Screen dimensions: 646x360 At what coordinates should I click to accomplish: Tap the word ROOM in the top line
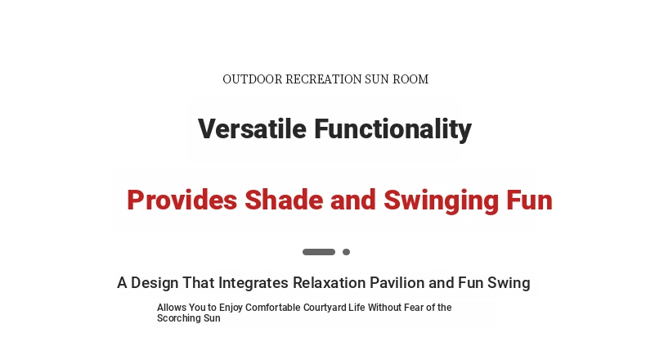[410, 79]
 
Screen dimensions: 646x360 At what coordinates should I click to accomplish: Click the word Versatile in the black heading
[252, 128]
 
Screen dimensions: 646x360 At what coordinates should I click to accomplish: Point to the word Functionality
[393, 129]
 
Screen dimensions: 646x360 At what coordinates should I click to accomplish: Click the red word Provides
[182, 200]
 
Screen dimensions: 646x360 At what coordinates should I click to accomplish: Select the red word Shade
[283, 200]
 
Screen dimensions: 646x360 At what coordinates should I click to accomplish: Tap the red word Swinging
[441, 201]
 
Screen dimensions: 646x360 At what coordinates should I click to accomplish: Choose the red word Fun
[529, 200]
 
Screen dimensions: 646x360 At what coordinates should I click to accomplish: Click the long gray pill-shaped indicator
[319, 252]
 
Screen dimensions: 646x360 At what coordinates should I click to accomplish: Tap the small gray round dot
[347, 252]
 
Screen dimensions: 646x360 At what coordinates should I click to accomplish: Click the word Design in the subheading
[155, 283]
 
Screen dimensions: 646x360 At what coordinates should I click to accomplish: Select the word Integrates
[253, 283]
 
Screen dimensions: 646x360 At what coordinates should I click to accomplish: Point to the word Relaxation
[330, 283]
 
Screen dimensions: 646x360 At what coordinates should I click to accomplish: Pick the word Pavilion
[397, 283]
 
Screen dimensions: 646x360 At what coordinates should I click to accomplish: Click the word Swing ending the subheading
[509, 283]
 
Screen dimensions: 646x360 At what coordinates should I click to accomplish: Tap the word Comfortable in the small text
[273, 308]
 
